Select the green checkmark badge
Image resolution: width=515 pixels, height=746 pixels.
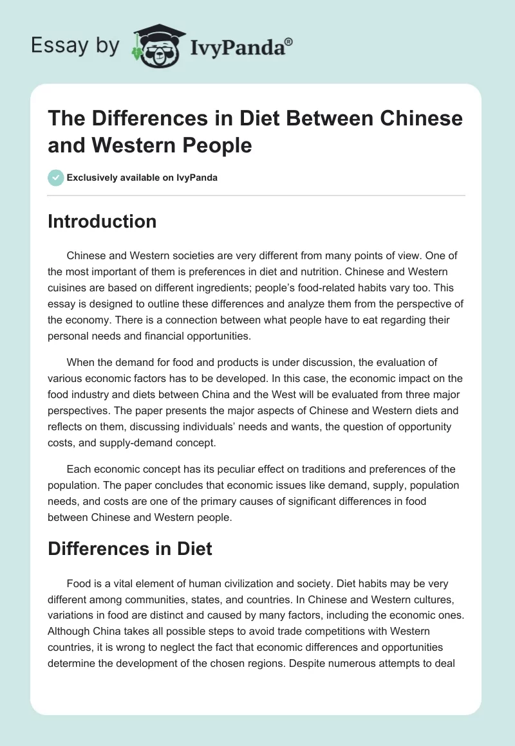tap(56, 177)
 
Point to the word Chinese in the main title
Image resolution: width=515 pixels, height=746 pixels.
tap(420, 119)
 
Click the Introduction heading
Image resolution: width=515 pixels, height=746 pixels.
tap(102, 221)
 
